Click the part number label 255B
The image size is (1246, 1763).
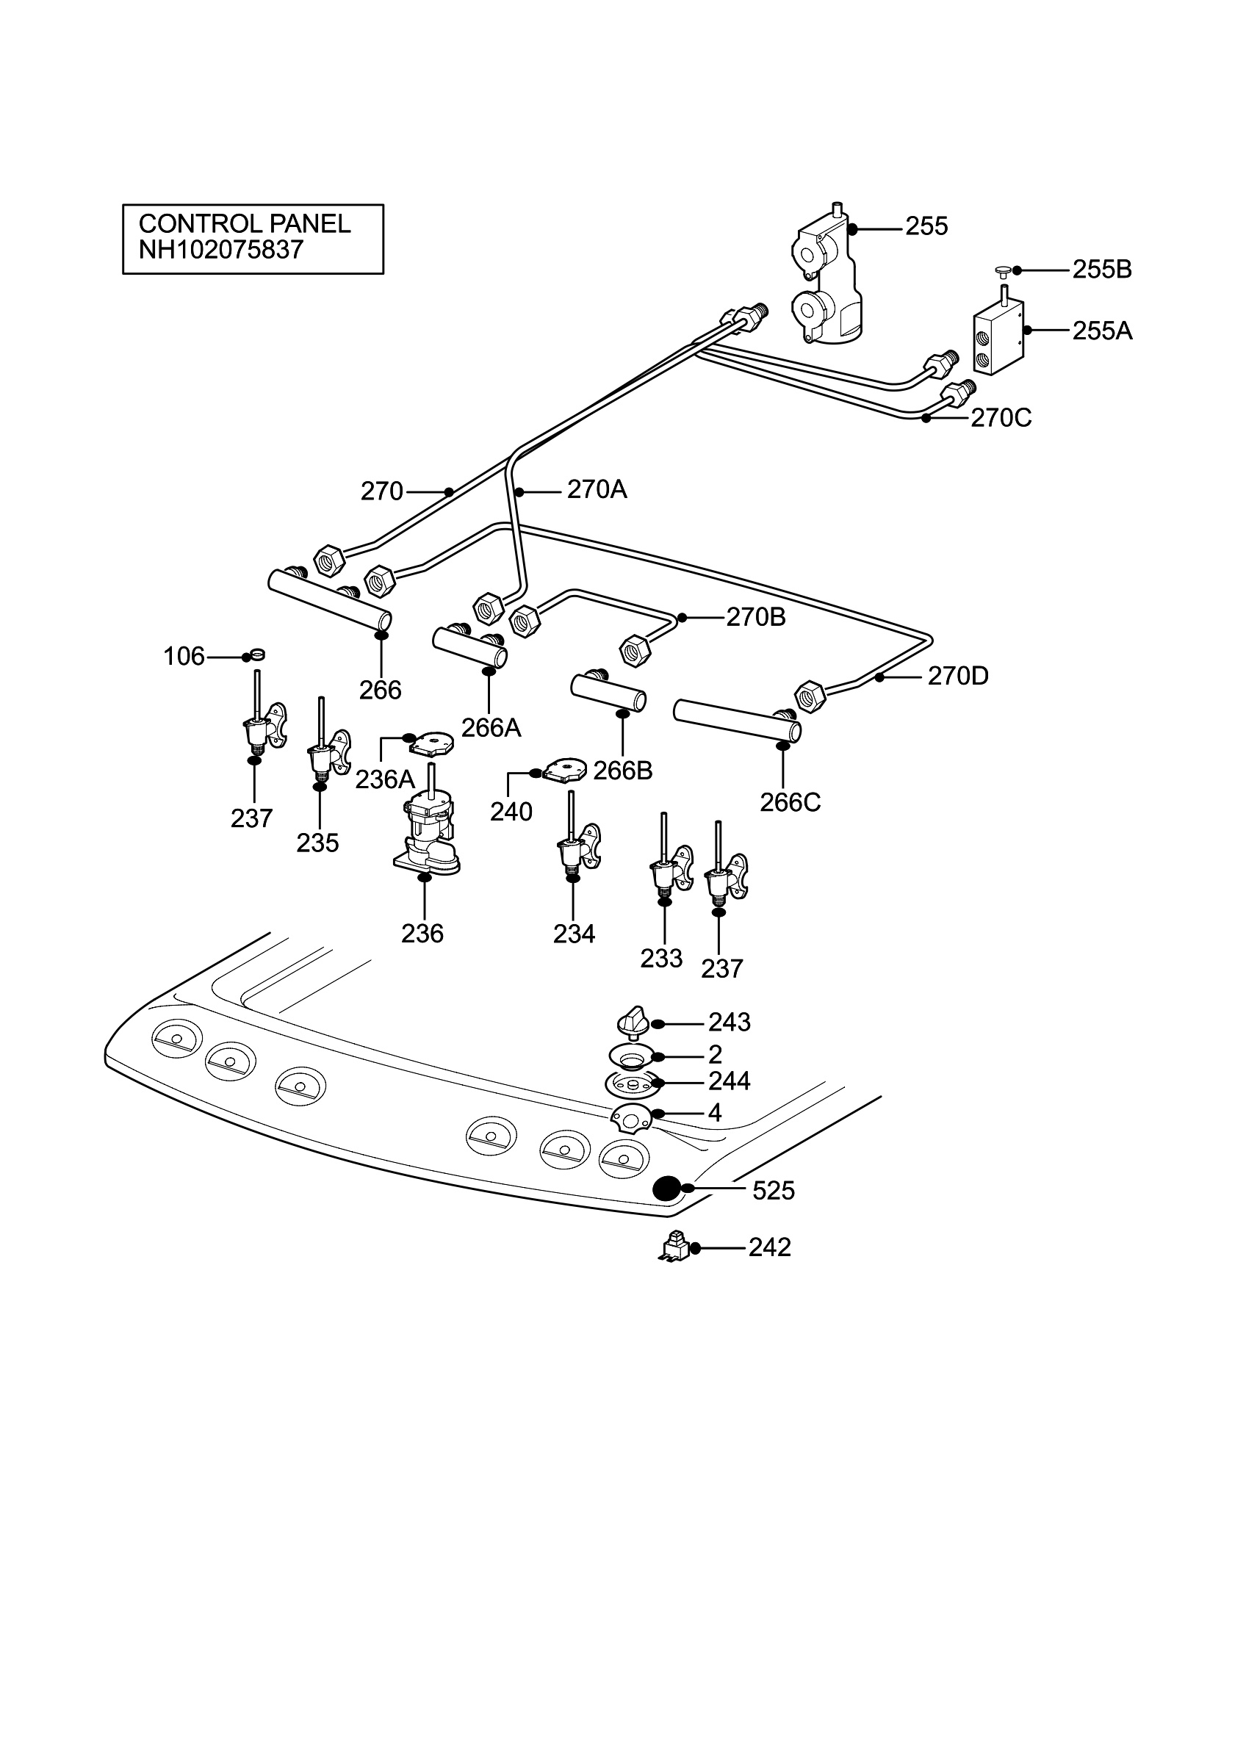(x=1102, y=270)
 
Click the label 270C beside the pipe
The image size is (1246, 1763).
(x=1001, y=418)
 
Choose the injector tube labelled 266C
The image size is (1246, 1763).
(x=737, y=720)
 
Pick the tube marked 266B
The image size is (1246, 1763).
(x=608, y=691)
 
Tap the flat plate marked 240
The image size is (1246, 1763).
(x=566, y=769)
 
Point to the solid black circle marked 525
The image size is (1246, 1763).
(x=666, y=1189)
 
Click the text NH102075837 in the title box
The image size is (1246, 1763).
(x=221, y=250)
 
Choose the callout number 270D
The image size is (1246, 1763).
(x=958, y=676)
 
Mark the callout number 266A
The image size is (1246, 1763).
(x=491, y=727)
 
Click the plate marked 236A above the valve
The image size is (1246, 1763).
(x=431, y=743)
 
